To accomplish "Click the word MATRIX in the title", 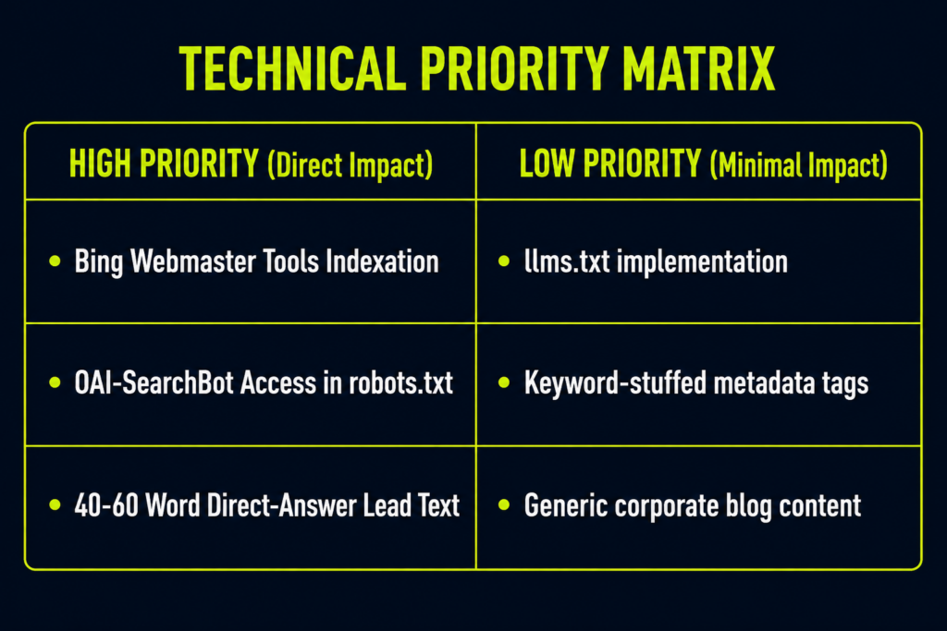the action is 699,68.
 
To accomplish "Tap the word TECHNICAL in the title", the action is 293,68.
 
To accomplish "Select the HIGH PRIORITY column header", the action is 251,164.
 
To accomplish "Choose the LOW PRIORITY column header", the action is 703,164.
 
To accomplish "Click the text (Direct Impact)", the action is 350,164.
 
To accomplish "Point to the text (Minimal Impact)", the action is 798,164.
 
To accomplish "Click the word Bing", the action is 98,262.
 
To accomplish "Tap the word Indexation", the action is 382,261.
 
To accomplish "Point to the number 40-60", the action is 106,505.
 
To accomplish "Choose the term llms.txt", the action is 567,261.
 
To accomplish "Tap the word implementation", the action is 702,263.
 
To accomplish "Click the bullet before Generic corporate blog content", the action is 504,505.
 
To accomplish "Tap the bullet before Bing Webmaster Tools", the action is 55,261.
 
